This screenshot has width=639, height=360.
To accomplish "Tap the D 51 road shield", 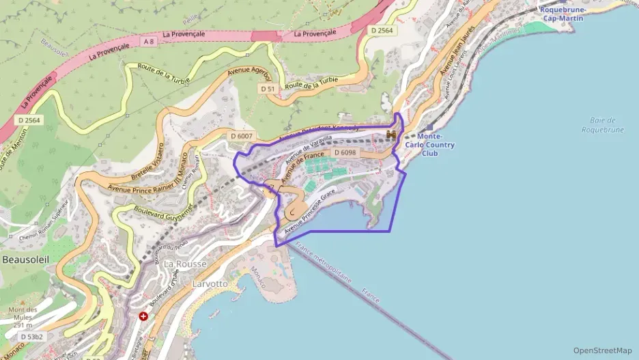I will click(x=267, y=89).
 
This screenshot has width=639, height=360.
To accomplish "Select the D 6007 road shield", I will click(x=242, y=136).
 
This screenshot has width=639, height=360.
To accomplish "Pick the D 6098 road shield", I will click(x=345, y=152).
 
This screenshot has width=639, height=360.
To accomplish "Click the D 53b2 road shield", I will click(x=31, y=337).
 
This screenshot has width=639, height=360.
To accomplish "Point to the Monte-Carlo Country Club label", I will click(x=429, y=145).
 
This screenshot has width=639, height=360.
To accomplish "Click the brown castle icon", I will click(x=392, y=135).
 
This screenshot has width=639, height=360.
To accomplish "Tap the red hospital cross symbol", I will click(x=143, y=316).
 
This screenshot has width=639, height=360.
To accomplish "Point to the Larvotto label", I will click(x=209, y=283).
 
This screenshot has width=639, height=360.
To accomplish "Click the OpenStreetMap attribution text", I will click(x=602, y=350).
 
